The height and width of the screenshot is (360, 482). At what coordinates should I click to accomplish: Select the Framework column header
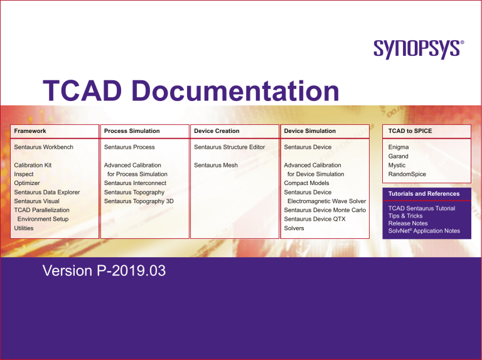click(x=30, y=130)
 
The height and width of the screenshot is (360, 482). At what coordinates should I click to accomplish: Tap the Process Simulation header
click(x=131, y=130)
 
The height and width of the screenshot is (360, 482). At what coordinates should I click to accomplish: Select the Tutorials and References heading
click(x=424, y=194)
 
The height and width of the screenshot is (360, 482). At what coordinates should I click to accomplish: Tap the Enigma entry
click(x=399, y=147)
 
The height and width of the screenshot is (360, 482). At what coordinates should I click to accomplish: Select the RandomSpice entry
click(x=407, y=174)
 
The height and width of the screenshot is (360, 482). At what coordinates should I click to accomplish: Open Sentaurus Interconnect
click(x=135, y=183)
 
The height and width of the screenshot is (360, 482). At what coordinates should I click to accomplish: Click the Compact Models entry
click(x=306, y=183)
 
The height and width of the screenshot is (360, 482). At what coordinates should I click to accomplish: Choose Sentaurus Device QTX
click(x=314, y=220)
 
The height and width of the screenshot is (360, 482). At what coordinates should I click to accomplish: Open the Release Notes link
click(x=408, y=223)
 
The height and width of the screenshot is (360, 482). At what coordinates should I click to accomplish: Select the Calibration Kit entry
click(x=33, y=165)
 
